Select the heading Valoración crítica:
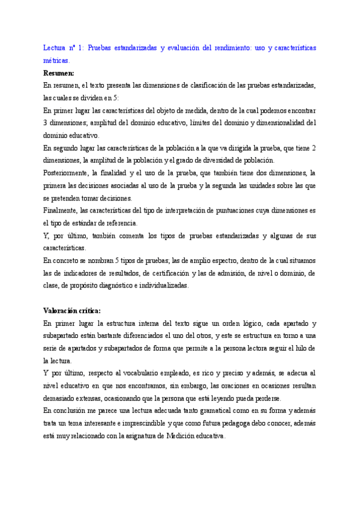point(72,310)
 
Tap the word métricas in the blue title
point(56,61)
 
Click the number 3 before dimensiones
point(46,123)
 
